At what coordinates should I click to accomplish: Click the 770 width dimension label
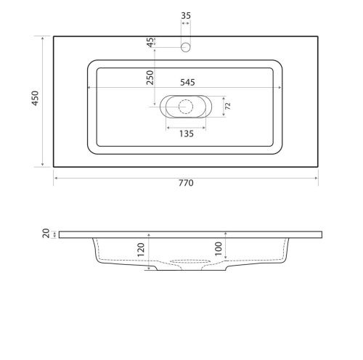click(x=186, y=183)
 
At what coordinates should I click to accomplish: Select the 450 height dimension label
click(x=35, y=98)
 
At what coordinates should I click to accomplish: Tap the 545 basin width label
click(x=187, y=83)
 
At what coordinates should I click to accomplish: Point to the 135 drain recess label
click(x=187, y=134)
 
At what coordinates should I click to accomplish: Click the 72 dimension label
click(x=228, y=106)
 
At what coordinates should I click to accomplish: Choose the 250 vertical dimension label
click(x=150, y=78)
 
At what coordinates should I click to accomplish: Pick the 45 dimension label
click(x=150, y=42)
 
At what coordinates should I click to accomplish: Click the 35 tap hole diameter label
click(x=186, y=15)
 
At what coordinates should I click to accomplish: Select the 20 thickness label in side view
click(x=46, y=234)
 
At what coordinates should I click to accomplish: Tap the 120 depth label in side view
click(x=141, y=250)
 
